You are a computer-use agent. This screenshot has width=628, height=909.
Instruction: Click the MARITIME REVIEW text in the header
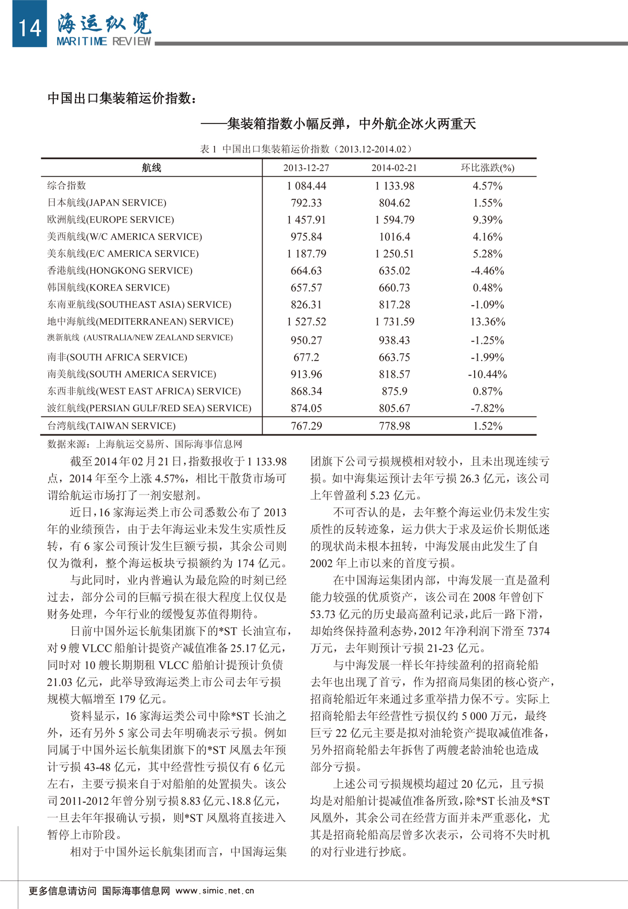click(104, 41)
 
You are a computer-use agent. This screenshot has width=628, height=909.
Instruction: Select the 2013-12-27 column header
click(306, 168)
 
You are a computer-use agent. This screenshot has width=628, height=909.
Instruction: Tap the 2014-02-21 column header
click(394, 168)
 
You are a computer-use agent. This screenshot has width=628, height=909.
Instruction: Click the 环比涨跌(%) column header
click(487, 168)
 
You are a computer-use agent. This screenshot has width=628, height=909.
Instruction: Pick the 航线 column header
click(151, 168)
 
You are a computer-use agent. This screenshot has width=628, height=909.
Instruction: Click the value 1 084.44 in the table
click(306, 186)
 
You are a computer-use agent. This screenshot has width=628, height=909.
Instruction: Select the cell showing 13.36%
click(487, 322)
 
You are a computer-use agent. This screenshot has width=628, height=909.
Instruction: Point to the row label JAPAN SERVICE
click(107, 203)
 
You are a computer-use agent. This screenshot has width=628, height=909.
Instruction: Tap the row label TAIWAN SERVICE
click(111, 426)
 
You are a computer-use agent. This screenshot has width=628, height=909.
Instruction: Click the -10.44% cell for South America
click(487, 375)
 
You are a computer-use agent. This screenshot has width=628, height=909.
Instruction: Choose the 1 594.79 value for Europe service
click(394, 220)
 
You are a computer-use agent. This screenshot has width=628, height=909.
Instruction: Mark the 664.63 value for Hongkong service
click(306, 271)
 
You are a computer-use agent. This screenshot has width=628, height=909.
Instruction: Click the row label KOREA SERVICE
click(108, 288)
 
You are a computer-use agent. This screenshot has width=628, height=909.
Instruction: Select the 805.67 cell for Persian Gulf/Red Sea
click(394, 409)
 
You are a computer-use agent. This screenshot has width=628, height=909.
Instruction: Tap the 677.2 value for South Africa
click(306, 357)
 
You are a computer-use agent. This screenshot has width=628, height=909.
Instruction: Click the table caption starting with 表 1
click(306, 149)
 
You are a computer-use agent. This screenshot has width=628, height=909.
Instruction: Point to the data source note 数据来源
click(145, 444)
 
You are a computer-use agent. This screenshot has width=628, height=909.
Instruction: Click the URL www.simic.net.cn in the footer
click(215, 891)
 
